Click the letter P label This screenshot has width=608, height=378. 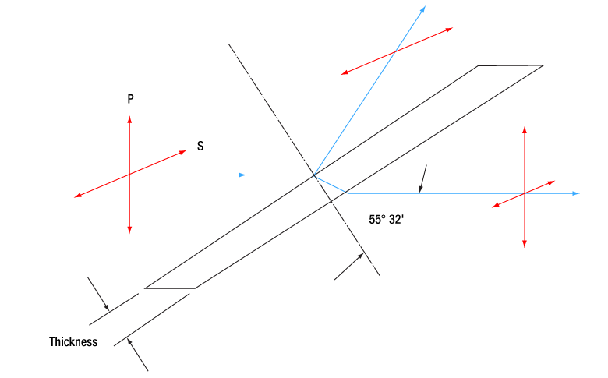click(131, 99)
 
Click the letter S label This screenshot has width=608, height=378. click(200, 146)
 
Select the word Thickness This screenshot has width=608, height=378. click(73, 342)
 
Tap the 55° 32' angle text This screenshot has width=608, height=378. click(386, 220)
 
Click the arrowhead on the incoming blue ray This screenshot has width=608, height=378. click(242, 175)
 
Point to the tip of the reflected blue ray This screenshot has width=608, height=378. click(426, 6)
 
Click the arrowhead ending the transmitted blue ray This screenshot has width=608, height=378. click(577, 193)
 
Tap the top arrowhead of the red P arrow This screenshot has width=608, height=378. click(129, 119)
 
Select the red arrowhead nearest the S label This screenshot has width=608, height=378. click(182, 152)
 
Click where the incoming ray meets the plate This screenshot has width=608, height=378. click(314, 175)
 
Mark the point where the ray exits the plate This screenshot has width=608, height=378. click(347, 193)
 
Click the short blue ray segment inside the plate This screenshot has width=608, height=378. click(331, 184)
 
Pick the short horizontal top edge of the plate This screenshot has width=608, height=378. click(511, 66)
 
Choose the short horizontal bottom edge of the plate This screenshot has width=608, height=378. click(170, 288)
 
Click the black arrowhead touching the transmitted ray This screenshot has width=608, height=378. click(420, 189)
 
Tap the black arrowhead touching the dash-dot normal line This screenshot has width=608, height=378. click(360, 256)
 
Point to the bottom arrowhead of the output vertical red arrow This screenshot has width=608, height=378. click(525, 244)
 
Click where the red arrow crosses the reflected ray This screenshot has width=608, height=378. click(394, 52)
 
